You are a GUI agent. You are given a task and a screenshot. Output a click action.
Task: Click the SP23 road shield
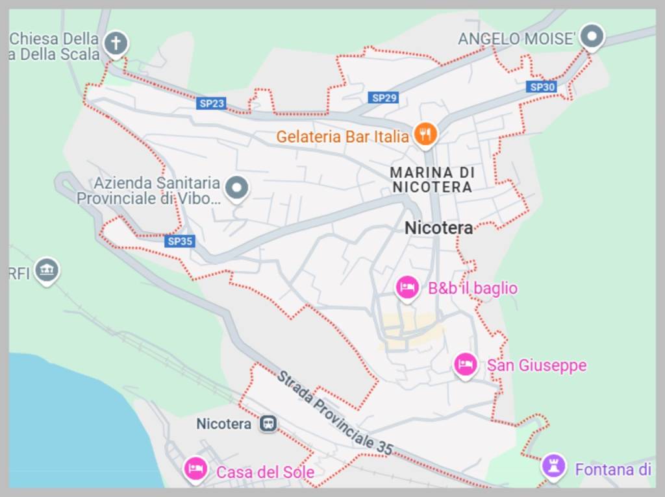point(212,103)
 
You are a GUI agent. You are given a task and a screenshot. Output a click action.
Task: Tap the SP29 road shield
point(384,98)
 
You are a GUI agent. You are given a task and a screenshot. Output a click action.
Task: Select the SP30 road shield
point(542,87)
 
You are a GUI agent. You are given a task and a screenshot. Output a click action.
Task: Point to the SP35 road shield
point(180,241)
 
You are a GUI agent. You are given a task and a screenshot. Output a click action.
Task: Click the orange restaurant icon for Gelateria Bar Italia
point(425,134)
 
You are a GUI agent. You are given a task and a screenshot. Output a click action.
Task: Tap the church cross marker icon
point(116,43)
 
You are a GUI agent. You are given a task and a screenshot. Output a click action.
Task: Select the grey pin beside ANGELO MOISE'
point(592,36)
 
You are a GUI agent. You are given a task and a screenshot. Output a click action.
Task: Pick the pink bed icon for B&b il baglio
point(407,287)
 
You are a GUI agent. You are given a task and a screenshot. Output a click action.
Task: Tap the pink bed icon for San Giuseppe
point(465,364)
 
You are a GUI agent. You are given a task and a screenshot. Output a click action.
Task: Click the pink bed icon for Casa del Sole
point(195,468)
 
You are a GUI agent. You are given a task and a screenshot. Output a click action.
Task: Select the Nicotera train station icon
point(268,424)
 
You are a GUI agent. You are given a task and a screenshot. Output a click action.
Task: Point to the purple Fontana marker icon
point(553,465)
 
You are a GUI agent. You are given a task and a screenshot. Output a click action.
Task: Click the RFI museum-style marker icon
point(47,270)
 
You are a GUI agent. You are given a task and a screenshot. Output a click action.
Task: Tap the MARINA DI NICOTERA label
point(432,180)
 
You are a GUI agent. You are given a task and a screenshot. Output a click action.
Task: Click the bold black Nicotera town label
point(438,228)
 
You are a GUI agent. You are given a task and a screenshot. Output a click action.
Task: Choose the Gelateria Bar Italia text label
point(342,137)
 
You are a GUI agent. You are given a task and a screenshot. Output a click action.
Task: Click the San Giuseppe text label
point(536,365)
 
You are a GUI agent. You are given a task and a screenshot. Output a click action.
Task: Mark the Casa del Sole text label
point(265,472)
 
